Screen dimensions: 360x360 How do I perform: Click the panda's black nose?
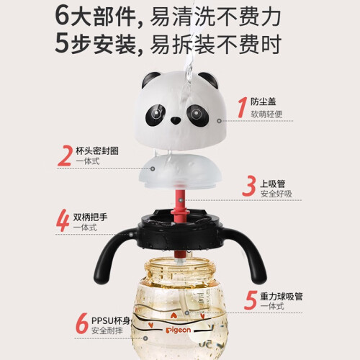click(x=176, y=120)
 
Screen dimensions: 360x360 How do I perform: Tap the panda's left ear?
click(x=150, y=79)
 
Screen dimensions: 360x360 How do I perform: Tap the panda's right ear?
click(x=208, y=80)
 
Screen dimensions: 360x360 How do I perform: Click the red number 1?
click(x=243, y=107)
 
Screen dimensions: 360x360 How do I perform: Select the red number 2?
click(x=65, y=156)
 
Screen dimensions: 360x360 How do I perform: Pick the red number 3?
click(x=249, y=186)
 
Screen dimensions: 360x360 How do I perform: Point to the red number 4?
click(x=63, y=220)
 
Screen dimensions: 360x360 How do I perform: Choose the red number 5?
click(x=251, y=300)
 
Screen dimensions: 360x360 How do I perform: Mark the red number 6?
click(x=82, y=323)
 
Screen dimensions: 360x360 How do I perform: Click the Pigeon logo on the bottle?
click(x=179, y=330)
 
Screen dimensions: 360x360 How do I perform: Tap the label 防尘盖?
click(x=264, y=102)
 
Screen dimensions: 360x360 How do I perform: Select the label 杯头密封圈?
click(x=97, y=150)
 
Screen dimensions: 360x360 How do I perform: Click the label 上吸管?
click(x=273, y=184)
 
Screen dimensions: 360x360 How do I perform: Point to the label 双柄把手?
click(x=90, y=217)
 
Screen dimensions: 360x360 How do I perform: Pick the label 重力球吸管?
click(x=282, y=297)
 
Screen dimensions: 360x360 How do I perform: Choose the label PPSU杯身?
click(x=111, y=320)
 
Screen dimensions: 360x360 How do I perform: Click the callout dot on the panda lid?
click(x=219, y=121)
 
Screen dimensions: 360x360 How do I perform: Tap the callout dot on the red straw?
click(x=181, y=200)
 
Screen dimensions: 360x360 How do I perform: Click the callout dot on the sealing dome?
click(x=153, y=168)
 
